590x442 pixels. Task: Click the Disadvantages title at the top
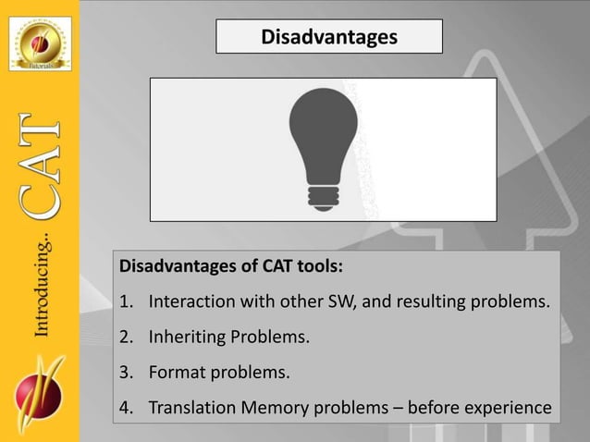[x=329, y=37]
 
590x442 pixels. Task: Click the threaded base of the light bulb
[x=324, y=194]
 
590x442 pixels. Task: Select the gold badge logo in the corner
[x=40, y=43]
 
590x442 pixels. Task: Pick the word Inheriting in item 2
[x=188, y=338]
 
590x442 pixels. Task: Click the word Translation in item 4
[x=192, y=408]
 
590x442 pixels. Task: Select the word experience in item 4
[x=508, y=408]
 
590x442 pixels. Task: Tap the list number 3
[x=126, y=373]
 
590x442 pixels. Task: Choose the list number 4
[x=126, y=408]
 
